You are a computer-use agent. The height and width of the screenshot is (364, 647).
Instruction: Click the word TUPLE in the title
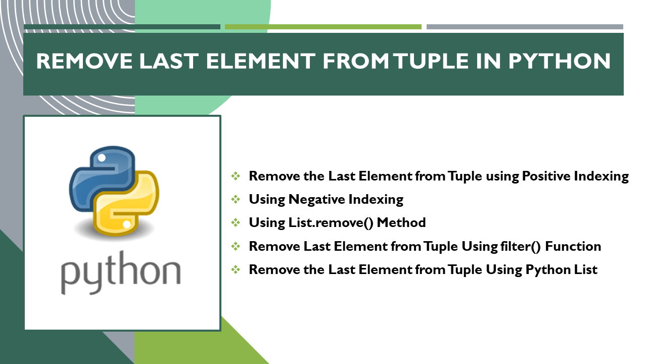[447, 62]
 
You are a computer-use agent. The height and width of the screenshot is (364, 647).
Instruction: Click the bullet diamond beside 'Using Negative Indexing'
[236, 199]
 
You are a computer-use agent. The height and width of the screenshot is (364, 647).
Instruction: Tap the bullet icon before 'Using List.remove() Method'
[236, 222]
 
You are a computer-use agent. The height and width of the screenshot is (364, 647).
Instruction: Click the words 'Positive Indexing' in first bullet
[575, 176]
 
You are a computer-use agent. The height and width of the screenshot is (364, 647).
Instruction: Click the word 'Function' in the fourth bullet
[573, 246]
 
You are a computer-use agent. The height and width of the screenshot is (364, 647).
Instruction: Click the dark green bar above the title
[122, 27]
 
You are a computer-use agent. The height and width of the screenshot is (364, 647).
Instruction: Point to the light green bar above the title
[323, 27]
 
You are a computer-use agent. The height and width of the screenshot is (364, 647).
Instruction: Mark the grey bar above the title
[525, 27]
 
